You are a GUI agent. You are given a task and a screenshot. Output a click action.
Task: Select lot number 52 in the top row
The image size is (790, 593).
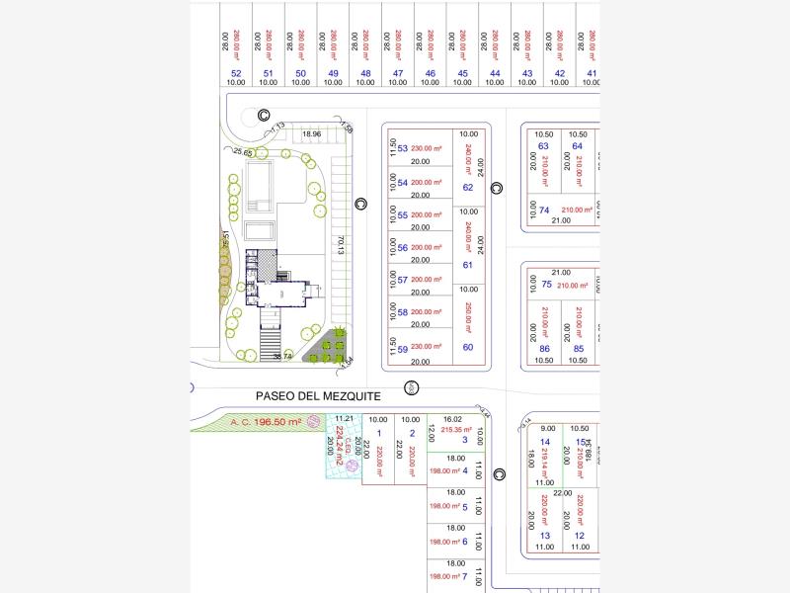[x=236, y=73]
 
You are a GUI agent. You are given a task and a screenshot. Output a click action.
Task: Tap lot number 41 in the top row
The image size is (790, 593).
[x=592, y=73]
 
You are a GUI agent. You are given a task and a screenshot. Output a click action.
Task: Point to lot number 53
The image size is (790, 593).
[x=402, y=149]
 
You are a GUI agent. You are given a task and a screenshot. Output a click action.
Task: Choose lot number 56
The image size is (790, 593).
[x=402, y=247]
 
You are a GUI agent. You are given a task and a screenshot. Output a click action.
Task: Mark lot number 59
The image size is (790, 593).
[x=402, y=348]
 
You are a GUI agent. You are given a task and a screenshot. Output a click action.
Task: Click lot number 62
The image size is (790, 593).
[x=468, y=188]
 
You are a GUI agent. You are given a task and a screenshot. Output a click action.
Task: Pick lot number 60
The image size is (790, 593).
[x=468, y=347]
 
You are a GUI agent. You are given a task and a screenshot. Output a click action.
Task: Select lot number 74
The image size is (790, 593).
[x=544, y=210]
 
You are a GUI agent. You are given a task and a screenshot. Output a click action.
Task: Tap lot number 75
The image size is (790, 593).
[x=546, y=286]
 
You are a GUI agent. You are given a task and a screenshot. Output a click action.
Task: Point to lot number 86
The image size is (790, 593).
[x=544, y=348]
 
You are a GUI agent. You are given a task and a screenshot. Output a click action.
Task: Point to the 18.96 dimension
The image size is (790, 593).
[x=312, y=133]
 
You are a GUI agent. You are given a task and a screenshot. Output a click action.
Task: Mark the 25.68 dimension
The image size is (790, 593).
[x=243, y=152]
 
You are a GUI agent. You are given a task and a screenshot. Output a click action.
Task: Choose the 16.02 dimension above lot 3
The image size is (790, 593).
[x=452, y=419]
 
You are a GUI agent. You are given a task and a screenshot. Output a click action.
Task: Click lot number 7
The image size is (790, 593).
[x=464, y=576]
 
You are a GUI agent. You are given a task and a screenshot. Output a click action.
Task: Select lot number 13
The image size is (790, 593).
[x=544, y=536]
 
